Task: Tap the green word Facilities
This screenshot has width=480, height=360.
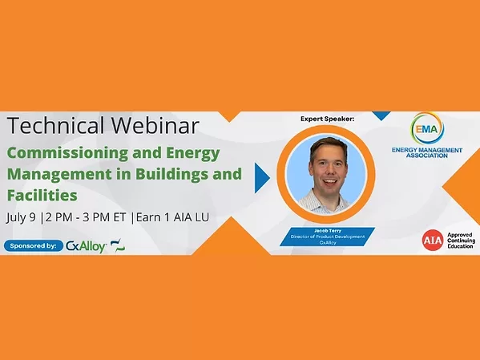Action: pyautogui.click(x=40, y=193)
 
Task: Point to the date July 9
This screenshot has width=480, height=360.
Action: pyautogui.click(x=25, y=217)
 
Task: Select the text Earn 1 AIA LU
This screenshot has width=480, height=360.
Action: pyautogui.click(x=197, y=217)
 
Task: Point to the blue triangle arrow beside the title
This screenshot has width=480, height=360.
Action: pyautogui.click(x=261, y=177)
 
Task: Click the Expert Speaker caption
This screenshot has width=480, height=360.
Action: pyautogui.click(x=326, y=119)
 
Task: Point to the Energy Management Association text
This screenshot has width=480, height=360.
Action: pyautogui.click(x=426, y=152)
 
